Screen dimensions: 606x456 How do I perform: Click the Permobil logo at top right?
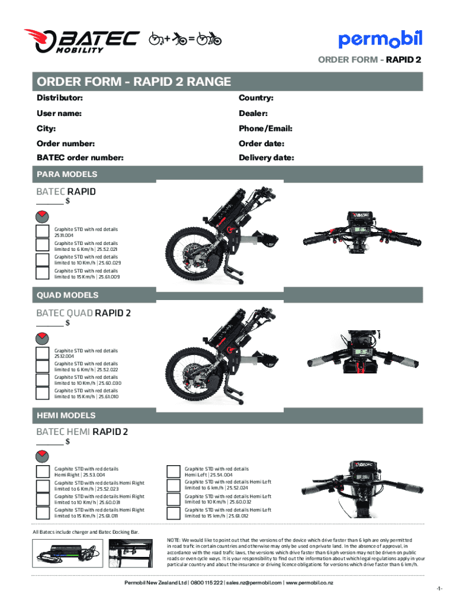click(380, 39)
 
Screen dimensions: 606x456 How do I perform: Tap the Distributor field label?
click(59, 98)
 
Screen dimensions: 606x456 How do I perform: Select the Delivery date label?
click(266, 158)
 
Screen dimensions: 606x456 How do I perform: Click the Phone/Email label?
click(266, 128)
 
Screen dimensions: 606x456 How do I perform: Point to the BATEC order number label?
click(80, 158)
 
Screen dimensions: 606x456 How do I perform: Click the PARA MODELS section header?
click(67, 175)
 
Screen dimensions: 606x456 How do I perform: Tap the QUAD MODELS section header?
click(68, 295)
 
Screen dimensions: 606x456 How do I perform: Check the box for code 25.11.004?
click(42, 231)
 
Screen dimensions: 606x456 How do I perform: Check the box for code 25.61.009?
click(42, 273)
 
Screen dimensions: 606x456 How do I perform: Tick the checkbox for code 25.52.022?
click(42, 366)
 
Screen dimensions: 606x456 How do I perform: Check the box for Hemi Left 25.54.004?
click(173, 471)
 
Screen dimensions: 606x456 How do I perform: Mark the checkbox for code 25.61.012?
click(173, 512)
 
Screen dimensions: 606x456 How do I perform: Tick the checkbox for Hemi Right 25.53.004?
click(42, 471)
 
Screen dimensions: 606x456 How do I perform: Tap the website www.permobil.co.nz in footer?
click(309, 583)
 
